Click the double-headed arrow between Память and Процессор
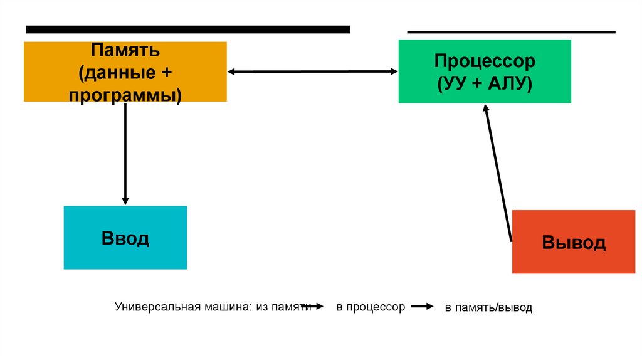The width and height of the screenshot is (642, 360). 312,71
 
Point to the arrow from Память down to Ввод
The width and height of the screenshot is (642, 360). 125,154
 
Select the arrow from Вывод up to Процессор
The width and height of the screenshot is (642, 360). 498,172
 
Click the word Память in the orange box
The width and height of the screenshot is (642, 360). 125,49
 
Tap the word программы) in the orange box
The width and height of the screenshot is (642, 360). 125,95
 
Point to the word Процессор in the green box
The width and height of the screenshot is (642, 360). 485,61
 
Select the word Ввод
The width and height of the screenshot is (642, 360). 125,238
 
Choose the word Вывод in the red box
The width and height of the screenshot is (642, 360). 574,243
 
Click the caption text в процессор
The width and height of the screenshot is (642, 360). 371,307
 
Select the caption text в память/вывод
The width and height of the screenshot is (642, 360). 488,308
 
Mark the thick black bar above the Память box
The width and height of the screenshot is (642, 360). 187,29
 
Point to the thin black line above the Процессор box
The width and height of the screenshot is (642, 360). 511,32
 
